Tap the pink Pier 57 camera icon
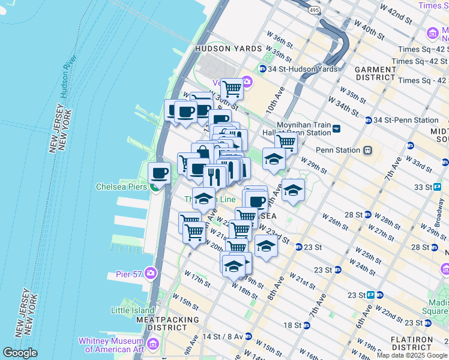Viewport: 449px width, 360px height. (x=149, y=274)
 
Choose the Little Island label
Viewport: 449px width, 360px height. (x=132, y=310)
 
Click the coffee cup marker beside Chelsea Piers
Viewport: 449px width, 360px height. (x=159, y=174)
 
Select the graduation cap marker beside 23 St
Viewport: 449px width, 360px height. (x=267, y=246)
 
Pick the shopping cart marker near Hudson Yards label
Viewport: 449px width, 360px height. (x=232, y=89)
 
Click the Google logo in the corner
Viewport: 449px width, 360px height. (x=20, y=353)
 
